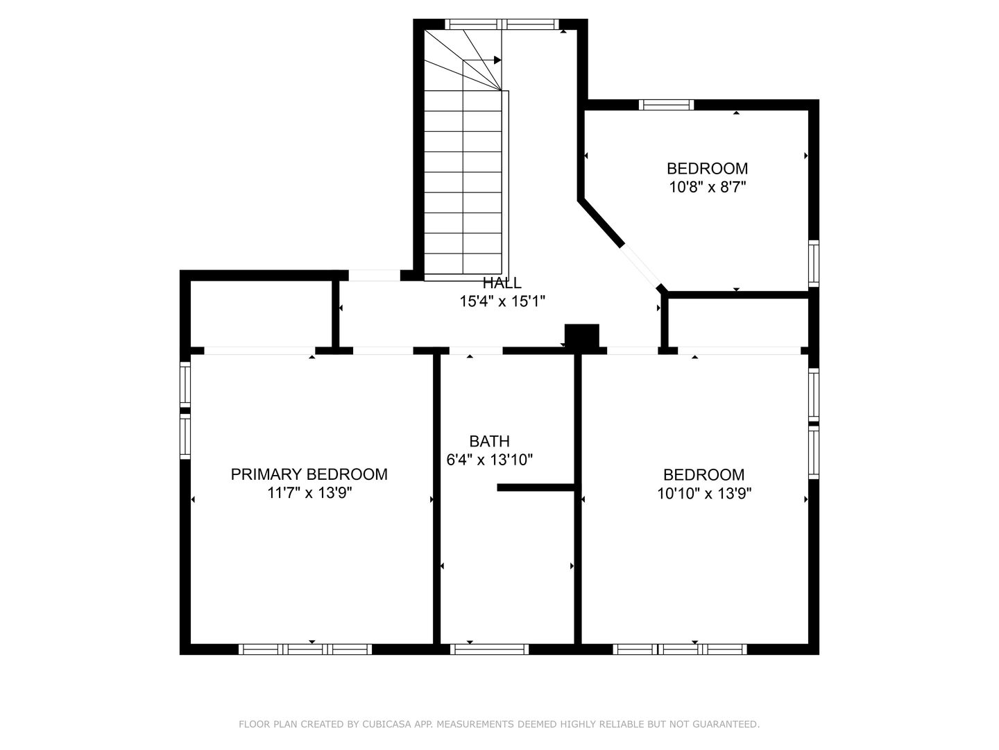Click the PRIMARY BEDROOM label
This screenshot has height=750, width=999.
[x=309, y=474]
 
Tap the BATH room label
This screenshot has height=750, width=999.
[x=489, y=441]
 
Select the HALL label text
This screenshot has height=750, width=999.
[x=502, y=283]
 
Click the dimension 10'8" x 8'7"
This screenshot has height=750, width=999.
[x=707, y=187]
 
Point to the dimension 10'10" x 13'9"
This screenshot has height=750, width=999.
[x=704, y=494]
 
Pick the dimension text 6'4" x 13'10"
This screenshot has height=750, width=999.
[x=489, y=460]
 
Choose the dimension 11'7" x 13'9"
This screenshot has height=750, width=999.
[x=309, y=493]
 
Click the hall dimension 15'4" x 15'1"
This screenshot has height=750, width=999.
[x=502, y=301]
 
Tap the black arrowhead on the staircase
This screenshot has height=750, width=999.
[x=497, y=60]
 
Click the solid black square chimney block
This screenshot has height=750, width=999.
[x=581, y=335]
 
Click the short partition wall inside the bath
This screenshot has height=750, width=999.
[x=536, y=487]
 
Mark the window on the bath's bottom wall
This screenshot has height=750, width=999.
[x=489, y=649]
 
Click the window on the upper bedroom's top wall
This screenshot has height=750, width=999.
[x=666, y=105]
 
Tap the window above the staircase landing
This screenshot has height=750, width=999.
[x=502, y=24]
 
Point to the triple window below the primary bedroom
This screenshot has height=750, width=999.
[x=305, y=649]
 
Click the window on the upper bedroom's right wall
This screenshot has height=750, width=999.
[x=814, y=264]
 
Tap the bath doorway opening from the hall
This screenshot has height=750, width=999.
[x=476, y=351]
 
